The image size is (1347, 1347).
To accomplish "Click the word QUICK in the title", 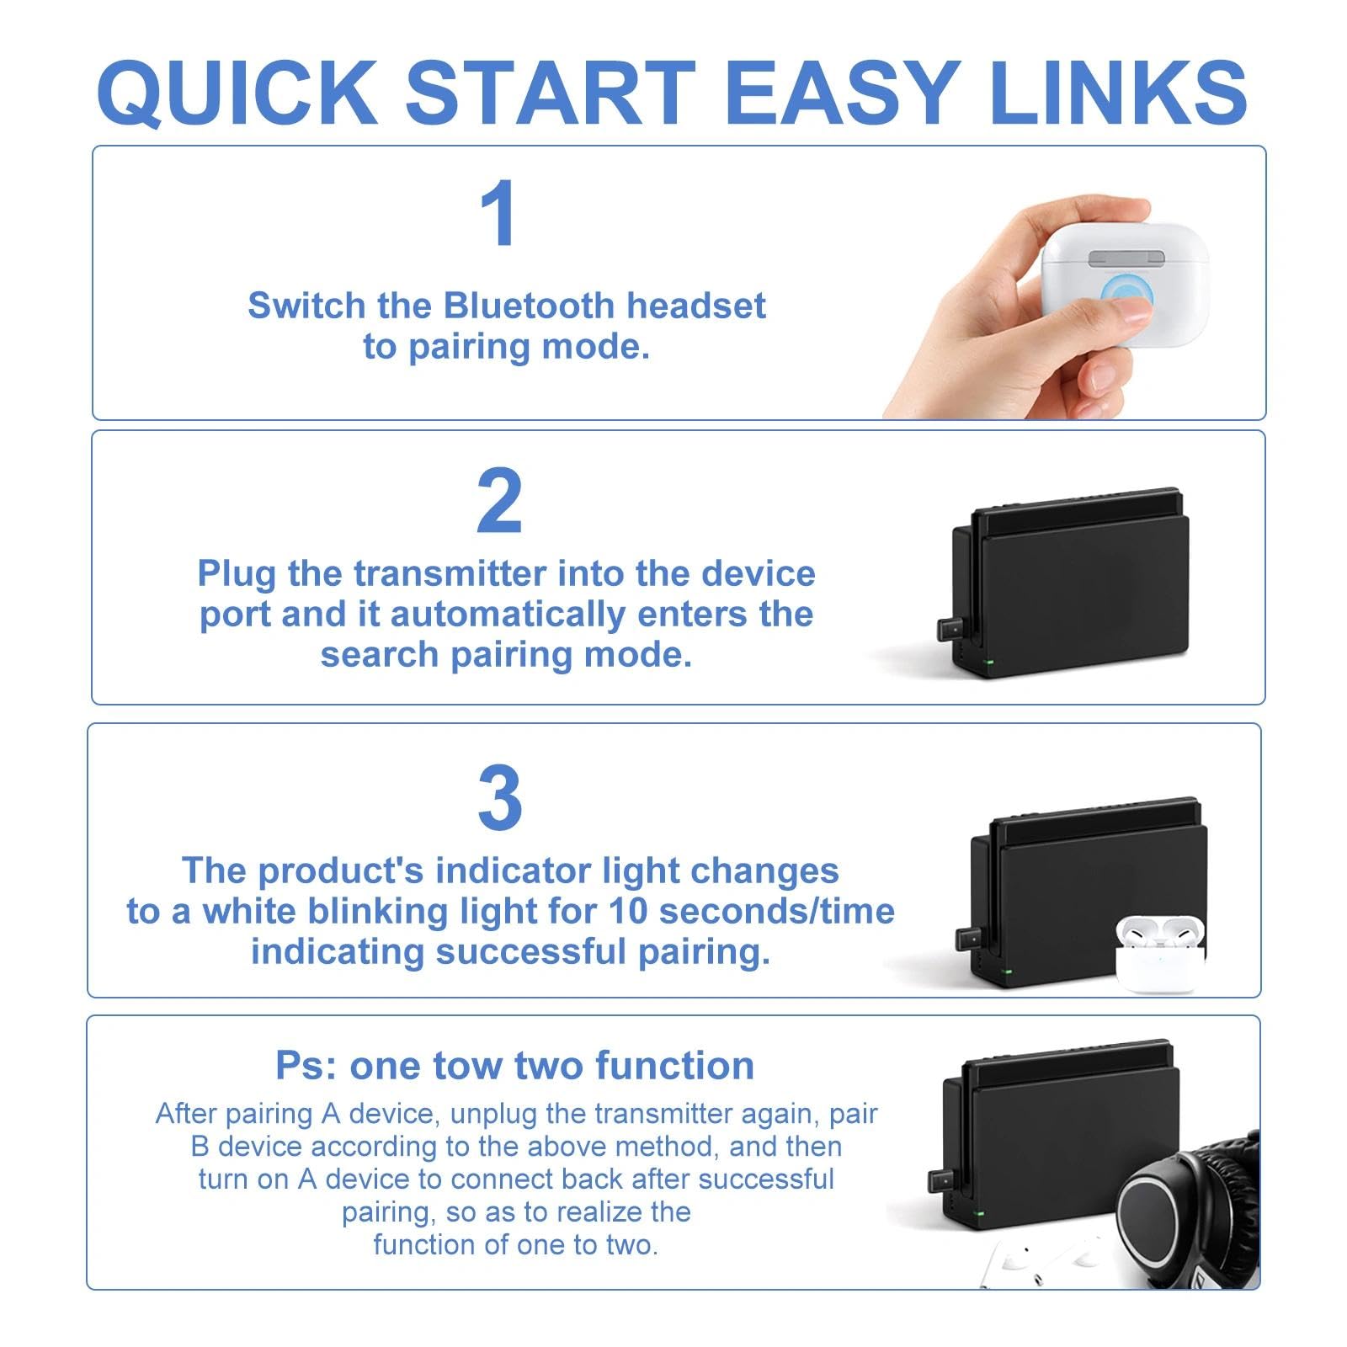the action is [x=237, y=93].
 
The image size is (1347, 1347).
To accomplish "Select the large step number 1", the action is [x=498, y=213].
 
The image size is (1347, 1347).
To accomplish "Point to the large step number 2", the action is [x=499, y=502].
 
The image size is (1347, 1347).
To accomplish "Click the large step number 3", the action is [x=500, y=797].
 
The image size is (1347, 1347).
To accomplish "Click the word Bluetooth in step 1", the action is [x=529, y=306].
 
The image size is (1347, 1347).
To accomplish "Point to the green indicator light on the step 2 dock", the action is [x=990, y=663].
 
